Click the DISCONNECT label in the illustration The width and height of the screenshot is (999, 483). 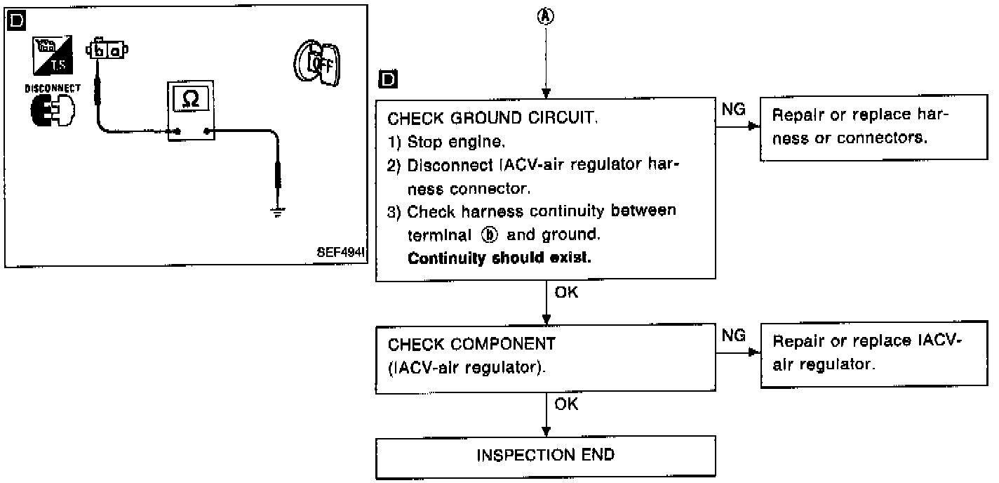click(53, 89)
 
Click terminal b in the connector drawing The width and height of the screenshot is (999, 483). click(102, 51)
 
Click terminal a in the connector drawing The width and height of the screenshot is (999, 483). click(114, 51)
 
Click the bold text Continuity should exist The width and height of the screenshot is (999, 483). click(499, 258)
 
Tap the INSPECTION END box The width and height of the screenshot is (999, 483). click(545, 455)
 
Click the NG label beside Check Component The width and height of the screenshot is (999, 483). click(733, 336)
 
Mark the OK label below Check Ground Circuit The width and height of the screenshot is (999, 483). click(566, 293)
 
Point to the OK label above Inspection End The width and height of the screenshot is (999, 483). click(566, 404)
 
